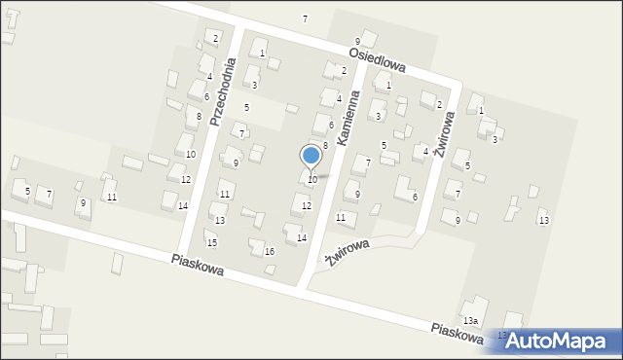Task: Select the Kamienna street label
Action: [x=348, y=119]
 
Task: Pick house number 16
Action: [x=270, y=252]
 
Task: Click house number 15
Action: [x=211, y=242]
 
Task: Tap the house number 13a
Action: [x=470, y=320]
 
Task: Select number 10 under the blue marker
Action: [x=311, y=180]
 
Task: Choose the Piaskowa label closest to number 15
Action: [x=197, y=264]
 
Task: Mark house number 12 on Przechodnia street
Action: [x=185, y=180]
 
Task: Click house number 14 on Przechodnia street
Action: [x=182, y=205]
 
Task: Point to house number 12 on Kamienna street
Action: [x=307, y=205]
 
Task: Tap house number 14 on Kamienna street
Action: [x=302, y=238]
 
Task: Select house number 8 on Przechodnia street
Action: [x=199, y=117]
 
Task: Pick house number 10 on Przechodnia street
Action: [x=191, y=155]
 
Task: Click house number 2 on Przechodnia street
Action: [x=216, y=38]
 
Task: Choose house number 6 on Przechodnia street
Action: [x=206, y=97]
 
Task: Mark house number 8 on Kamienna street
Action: [x=325, y=145]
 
